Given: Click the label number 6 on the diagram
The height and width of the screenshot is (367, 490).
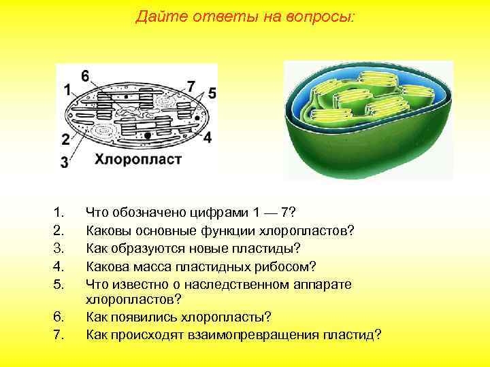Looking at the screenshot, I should [x=84, y=75].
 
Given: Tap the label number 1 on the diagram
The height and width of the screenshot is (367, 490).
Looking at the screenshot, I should [x=67, y=90].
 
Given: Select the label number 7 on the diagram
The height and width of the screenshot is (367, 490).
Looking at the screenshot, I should [x=191, y=86].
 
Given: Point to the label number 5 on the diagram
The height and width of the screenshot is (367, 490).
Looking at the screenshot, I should [x=212, y=93].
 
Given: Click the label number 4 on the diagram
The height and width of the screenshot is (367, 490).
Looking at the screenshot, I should [x=207, y=137].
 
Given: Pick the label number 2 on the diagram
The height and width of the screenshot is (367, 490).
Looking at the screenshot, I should [x=65, y=140].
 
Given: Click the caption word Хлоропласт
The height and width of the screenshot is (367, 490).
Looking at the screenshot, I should [x=137, y=160].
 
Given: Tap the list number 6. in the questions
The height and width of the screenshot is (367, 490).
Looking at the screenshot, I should [x=58, y=317].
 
